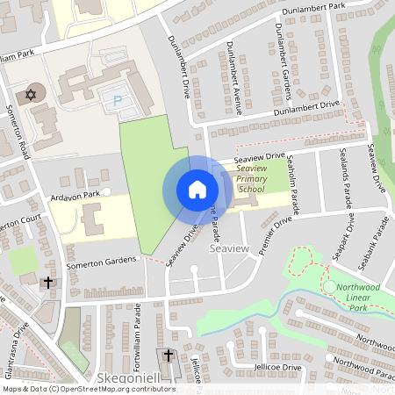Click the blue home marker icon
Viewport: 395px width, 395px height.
click(x=197, y=190)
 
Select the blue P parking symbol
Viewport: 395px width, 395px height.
click(x=117, y=102)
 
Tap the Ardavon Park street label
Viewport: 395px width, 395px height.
click(x=75, y=195)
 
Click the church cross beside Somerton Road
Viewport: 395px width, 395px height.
click(x=47, y=282)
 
